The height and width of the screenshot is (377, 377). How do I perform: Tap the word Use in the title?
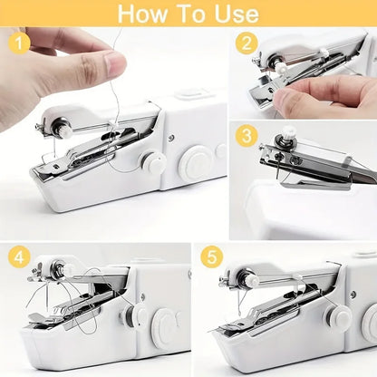click(236, 14)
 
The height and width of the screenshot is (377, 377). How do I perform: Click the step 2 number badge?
click(246, 43)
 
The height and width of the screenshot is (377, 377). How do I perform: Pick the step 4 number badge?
click(19, 256)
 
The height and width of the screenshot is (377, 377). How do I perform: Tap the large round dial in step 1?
click(194, 165)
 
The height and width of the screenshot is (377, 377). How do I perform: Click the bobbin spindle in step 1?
click(66, 130)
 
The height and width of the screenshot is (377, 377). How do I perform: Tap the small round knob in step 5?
click(341, 316)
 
